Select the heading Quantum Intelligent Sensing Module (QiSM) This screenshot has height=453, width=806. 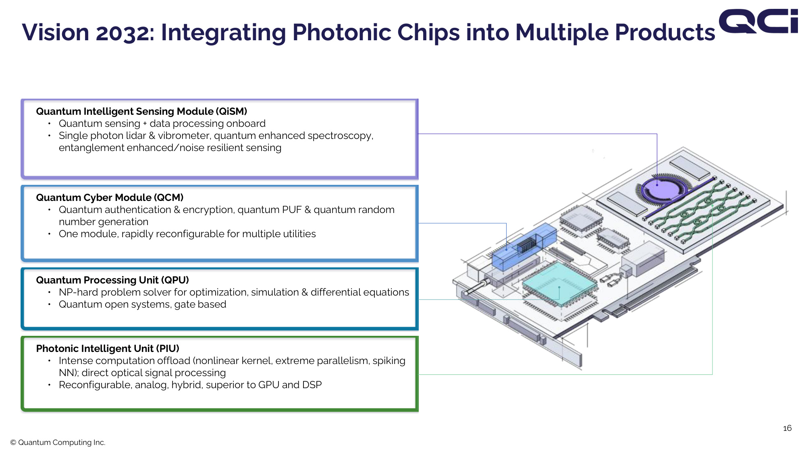coord(141,111)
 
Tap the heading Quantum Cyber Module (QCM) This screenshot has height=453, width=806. coord(110,197)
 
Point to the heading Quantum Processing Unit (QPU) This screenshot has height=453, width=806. coord(112,280)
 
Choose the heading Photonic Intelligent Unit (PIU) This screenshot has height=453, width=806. coord(108,348)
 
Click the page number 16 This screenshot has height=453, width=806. coord(787,428)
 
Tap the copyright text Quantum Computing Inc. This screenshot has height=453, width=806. coord(58,442)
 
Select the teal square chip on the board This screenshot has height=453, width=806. coord(559,283)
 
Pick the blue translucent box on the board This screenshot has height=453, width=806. coord(524,246)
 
